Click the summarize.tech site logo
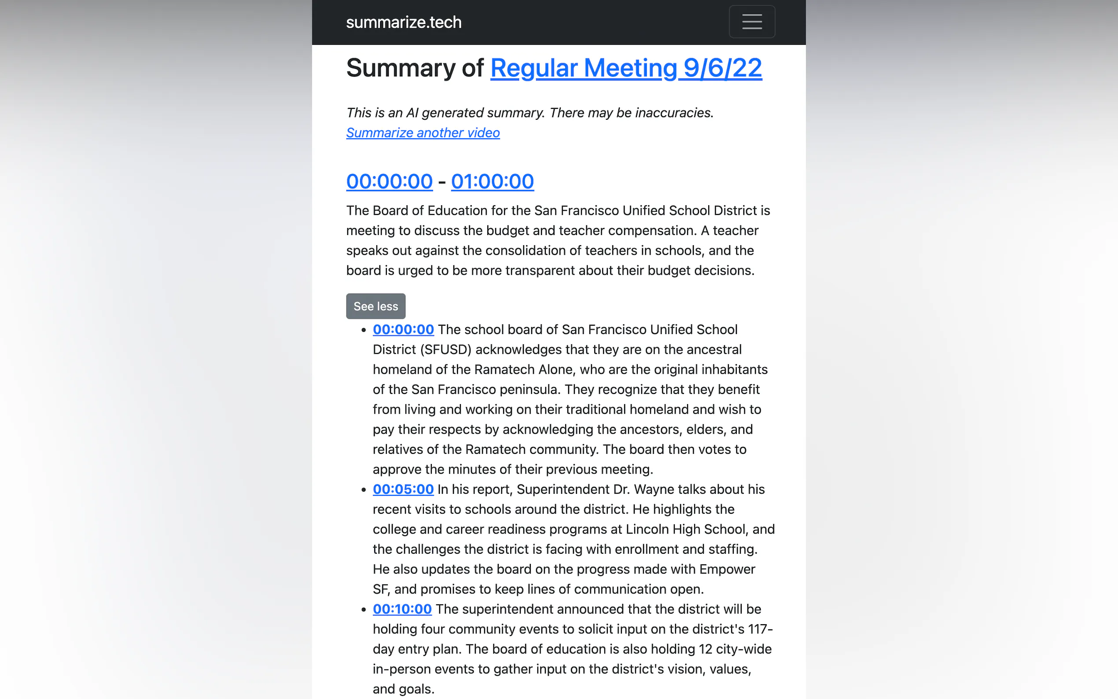pyautogui.click(x=404, y=22)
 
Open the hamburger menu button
pyautogui.click(x=751, y=22)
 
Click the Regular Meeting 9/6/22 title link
pyautogui.click(x=626, y=68)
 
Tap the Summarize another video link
pyautogui.click(x=423, y=132)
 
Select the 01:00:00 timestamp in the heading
pyautogui.click(x=492, y=181)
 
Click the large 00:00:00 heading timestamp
pyautogui.click(x=389, y=181)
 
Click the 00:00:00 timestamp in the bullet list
pyautogui.click(x=403, y=330)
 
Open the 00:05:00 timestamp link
pyautogui.click(x=403, y=489)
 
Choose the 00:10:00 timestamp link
pyautogui.click(x=402, y=609)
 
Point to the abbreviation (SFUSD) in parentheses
pyautogui.click(x=445, y=349)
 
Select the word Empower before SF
pyautogui.click(x=727, y=569)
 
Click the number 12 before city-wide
pyautogui.click(x=705, y=649)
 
